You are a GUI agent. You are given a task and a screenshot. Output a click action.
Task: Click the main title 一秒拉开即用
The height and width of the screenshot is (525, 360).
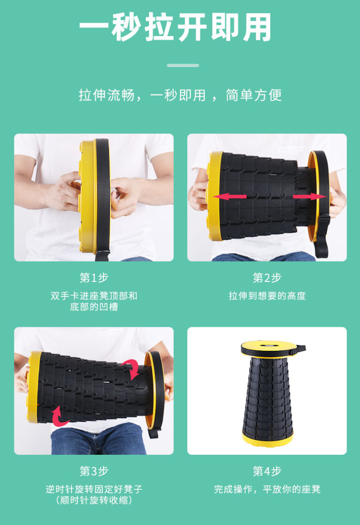pos(175,27)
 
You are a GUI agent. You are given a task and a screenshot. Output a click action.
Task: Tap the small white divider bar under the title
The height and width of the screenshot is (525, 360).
pos(183,65)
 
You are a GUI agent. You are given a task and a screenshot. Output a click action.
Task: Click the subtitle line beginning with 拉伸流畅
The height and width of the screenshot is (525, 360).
pos(180,95)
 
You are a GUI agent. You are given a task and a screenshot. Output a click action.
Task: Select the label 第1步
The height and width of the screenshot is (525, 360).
pos(94,277)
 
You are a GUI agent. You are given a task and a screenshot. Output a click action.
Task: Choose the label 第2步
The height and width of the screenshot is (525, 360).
pos(267,277)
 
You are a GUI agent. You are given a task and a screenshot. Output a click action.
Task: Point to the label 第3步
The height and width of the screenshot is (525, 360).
pos(94,471)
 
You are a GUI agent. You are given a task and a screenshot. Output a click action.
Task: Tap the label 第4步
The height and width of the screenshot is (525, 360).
pos(267,471)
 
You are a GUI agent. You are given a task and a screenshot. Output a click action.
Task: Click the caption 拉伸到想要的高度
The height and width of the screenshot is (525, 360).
pos(267,296)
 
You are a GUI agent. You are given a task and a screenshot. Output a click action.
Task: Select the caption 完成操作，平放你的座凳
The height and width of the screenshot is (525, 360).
pos(267,489)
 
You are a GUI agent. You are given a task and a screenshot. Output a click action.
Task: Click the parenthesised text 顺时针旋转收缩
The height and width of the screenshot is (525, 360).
pos(94,500)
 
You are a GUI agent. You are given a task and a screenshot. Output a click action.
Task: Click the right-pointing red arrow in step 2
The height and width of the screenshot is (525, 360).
pos(310,197)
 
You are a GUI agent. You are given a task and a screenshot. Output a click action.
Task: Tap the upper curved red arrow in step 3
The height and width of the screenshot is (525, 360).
pos(131,369)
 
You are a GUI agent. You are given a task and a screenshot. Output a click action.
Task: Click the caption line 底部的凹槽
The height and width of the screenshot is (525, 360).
pos(94,307)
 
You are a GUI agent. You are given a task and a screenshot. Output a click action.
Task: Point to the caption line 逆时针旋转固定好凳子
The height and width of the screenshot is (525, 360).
pos(94,489)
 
